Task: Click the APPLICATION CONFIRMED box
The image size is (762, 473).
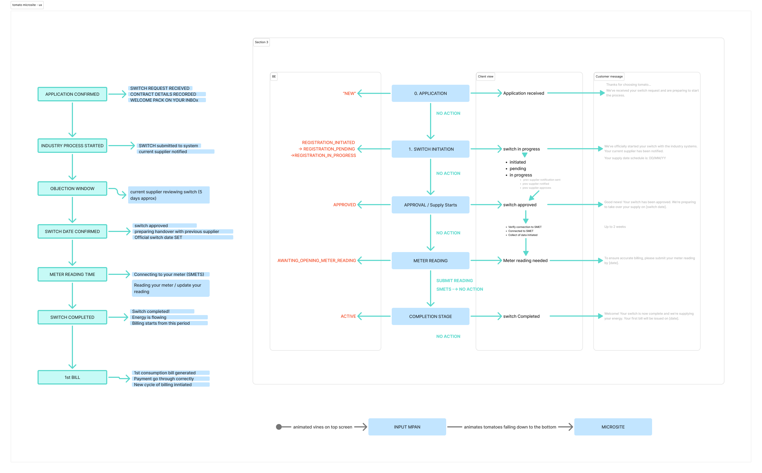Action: coord(72,94)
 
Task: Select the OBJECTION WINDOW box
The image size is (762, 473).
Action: coord(72,189)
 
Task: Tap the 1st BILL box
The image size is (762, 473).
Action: coord(72,377)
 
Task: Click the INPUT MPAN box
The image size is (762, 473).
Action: coord(407,427)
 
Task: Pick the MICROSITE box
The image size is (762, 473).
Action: coord(613,427)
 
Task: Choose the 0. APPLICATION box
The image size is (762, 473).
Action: coord(430,93)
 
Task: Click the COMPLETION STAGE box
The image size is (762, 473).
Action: coord(430,316)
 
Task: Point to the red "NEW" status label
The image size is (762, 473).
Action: coord(349,94)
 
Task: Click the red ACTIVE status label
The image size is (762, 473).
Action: coord(348,316)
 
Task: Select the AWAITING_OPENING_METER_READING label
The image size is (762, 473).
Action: coord(317,261)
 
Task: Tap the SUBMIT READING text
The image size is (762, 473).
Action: coord(454,280)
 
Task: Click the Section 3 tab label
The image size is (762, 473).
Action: coord(261,42)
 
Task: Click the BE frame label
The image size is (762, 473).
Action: coord(274,77)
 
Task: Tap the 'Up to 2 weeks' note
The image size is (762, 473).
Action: coord(615,227)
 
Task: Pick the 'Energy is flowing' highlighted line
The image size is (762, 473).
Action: coord(149,317)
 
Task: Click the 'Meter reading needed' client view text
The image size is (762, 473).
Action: coord(525,261)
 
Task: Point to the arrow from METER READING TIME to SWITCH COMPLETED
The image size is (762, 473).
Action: coord(72,295)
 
